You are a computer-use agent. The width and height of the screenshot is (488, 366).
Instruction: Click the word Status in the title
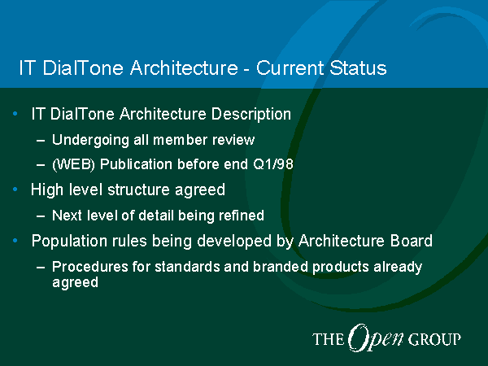click(358, 68)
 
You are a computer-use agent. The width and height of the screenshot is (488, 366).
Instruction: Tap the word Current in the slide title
click(290, 68)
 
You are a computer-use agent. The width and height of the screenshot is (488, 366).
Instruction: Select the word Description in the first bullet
click(251, 114)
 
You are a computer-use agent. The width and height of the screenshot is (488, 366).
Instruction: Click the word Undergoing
click(90, 140)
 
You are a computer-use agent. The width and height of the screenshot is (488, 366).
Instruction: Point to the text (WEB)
click(73, 164)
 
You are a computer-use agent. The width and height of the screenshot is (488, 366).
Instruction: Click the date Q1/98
click(273, 163)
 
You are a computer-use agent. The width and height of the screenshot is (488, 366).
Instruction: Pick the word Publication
click(136, 164)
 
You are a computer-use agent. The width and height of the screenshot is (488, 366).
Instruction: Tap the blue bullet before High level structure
click(15, 190)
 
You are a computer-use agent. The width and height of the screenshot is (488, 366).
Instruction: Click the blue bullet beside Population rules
click(15, 241)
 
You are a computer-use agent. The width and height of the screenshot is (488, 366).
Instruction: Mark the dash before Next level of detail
click(41, 216)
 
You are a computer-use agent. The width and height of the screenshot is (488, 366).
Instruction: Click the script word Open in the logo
click(375, 338)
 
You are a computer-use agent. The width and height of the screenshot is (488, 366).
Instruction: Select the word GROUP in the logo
click(434, 339)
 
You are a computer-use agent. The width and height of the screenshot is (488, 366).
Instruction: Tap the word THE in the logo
click(329, 339)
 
